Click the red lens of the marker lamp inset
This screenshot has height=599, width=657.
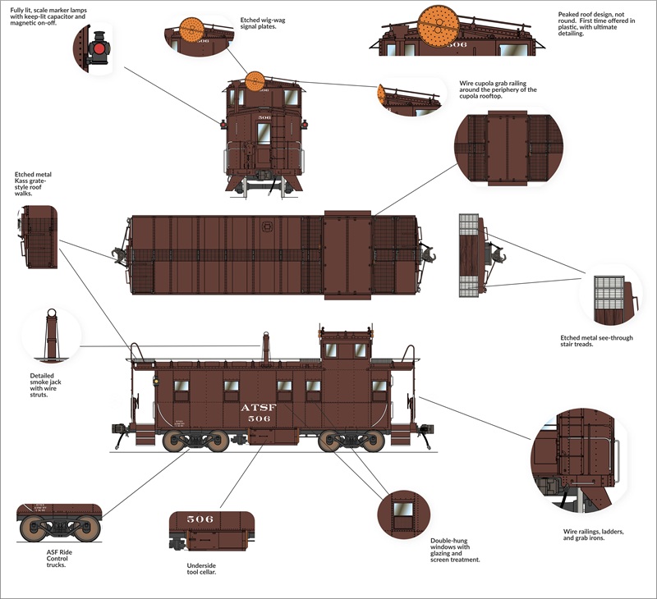99,49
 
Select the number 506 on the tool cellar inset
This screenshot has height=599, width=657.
200,519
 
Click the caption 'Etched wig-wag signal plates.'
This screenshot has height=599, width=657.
263,23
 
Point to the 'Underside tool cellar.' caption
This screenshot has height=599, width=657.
201,569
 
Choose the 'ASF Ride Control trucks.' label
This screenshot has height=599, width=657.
59,559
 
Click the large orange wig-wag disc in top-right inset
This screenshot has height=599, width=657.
439,26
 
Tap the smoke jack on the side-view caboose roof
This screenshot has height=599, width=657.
265,348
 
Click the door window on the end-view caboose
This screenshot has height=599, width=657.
264,134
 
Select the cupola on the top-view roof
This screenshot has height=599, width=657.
347,255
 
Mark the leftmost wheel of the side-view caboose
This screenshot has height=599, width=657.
173,441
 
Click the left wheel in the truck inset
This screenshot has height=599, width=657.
32,528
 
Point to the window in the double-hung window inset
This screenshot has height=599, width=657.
403,515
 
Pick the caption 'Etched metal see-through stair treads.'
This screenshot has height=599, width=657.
597,341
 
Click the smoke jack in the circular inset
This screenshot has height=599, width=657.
52,334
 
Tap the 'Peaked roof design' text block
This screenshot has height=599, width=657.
596,24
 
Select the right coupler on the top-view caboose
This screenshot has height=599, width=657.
427,255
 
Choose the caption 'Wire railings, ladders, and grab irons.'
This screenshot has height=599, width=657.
593,534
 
